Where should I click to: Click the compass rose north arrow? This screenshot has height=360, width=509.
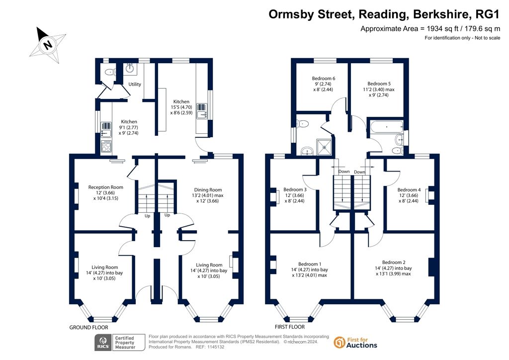click(48, 45)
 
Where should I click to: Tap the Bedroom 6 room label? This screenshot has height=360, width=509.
click(324, 79)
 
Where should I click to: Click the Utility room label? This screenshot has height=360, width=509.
click(135, 85)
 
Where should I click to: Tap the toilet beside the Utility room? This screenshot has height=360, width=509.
click(110, 73)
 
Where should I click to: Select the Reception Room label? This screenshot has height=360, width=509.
click(105, 187)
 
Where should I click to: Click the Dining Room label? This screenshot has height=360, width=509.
click(208, 190)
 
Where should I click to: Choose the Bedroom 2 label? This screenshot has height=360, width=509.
click(394, 263)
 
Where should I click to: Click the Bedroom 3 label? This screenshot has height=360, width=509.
click(295, 189)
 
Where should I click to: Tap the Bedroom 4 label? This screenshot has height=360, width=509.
click(409, 190)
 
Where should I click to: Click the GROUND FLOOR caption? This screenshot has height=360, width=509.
click(89, 328)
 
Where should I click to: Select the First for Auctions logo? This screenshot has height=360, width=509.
click(355, 343)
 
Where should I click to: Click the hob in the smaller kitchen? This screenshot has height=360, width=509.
click(107, 146)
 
